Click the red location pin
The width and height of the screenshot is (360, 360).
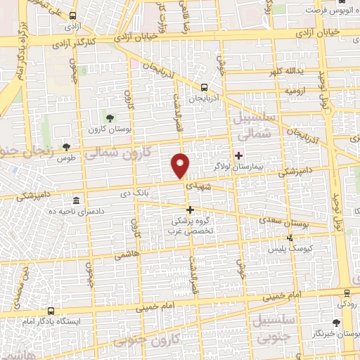tap(181, 165)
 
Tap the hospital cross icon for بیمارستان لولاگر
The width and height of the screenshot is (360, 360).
tap(238, 155)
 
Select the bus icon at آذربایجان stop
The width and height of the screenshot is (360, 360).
tap(203, 88)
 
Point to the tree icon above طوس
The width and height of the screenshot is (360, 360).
tap(66, 147)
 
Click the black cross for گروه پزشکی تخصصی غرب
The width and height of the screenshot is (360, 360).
tap(189, 209)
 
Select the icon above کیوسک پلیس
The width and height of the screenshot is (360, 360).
tap(290, 238)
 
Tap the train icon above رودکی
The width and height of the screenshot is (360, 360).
tap(346, 293)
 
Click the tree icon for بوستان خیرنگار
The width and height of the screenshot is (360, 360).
tap(335, 323)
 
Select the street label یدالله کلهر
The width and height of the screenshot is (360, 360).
tap(285, 72)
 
